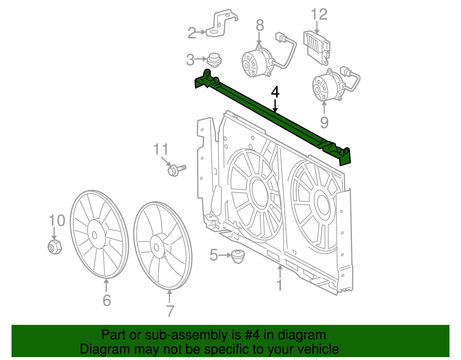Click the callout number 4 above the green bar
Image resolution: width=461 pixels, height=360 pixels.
point(275,92)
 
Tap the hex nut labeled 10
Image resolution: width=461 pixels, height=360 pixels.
point(54,246)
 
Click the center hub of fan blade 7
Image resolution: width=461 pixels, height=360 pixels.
point(156,247)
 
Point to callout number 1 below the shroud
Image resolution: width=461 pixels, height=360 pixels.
point(279,285)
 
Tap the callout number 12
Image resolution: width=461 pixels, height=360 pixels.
point(319,14)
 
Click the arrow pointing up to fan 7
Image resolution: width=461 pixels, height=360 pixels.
point(169,296)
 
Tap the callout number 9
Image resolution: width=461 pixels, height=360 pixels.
point(324,123)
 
